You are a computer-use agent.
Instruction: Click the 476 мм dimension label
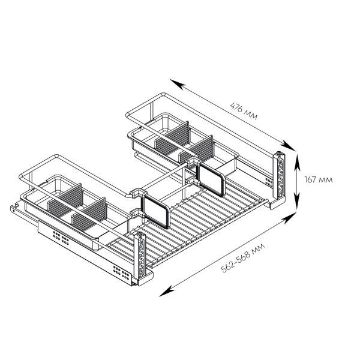(x=244, y=112)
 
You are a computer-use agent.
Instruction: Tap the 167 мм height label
(x=319, y=179)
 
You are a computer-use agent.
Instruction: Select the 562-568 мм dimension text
(x=243, y=257)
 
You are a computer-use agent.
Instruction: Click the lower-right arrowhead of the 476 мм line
(x=287, y=146)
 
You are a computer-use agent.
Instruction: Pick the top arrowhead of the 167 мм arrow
(x=297, y=162)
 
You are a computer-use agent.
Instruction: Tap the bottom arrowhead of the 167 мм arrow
(x=297, y=202)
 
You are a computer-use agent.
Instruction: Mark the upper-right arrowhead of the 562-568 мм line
(x=289, y=217)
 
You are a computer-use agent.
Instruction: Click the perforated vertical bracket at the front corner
(x=141, y=256)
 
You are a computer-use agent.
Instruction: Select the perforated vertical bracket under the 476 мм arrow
(x=280, y=175)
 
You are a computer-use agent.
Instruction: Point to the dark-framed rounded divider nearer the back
(x=211, y=178)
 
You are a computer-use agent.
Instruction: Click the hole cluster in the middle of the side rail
(x=61, y=238)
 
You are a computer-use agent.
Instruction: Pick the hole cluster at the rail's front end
(x=121, y=272)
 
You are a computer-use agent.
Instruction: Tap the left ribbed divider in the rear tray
(x=172, y=136)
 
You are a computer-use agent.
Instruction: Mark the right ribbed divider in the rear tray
(x=197, y=149)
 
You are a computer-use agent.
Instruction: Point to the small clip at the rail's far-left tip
(x=16, y=205)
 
